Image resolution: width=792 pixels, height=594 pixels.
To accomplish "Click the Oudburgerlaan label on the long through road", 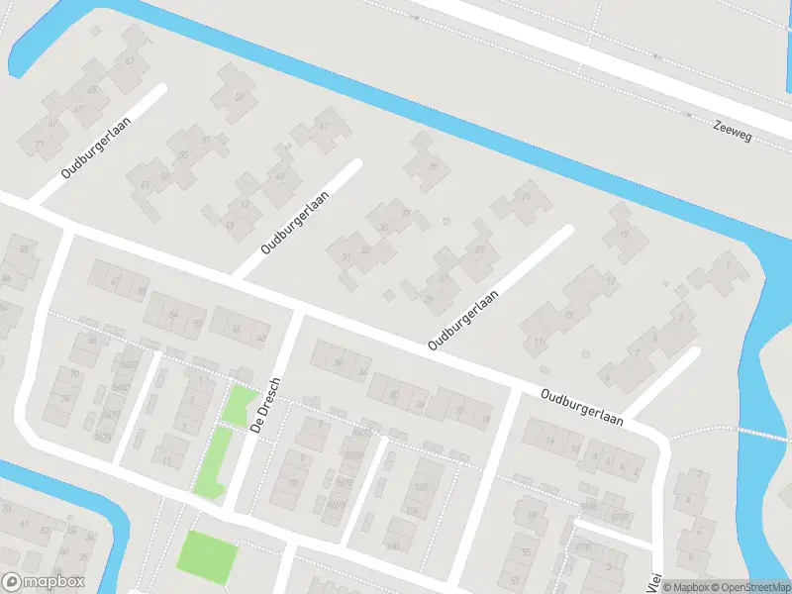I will tap(582, 407).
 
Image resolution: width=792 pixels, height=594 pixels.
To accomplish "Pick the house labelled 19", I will tap(624, 234).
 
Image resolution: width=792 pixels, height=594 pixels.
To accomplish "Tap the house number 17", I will tap(611, 282).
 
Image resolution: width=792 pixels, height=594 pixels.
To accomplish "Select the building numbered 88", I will tap(25, 247).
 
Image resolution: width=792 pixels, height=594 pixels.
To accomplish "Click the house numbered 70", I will tap(74, 374).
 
